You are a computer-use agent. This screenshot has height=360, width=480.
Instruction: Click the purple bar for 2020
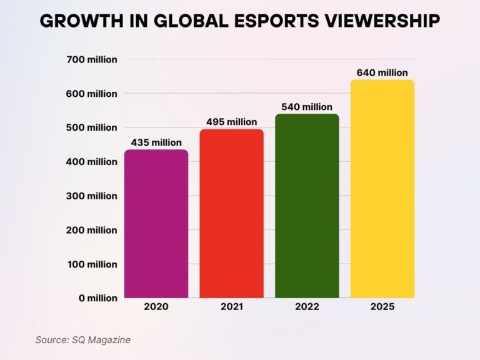156,224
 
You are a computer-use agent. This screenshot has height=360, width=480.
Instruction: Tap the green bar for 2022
307,206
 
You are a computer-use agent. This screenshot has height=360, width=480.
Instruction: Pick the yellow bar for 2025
382,189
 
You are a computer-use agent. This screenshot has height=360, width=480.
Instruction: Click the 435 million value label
156,142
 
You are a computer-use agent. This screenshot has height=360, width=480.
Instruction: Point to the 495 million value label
231,122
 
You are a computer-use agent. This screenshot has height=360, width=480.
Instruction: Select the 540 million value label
307,107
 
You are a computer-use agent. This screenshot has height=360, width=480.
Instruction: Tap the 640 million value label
382,73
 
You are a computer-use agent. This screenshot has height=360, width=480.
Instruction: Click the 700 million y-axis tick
92,60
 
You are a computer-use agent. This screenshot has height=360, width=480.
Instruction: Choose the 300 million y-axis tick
92,196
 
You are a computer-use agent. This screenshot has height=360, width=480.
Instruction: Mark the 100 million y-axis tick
92,264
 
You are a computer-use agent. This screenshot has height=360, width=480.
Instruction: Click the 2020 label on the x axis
156,307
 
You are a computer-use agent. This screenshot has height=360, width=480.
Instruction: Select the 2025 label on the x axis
382,307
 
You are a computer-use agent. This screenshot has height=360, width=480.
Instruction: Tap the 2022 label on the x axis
307,307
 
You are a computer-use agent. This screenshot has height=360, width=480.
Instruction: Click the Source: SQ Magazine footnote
82,339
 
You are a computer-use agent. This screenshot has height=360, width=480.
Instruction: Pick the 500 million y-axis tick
92,127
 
